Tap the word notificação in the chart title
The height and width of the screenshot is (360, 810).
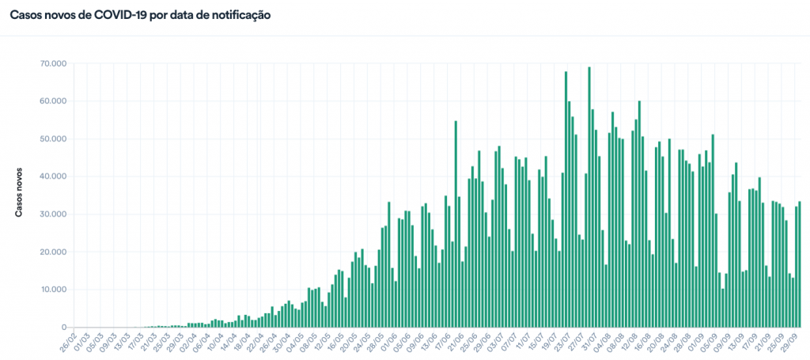click(237, 14)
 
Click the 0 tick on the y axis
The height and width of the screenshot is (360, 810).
click(62, 328)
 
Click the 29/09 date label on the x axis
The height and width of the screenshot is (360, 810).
click(791, 342)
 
